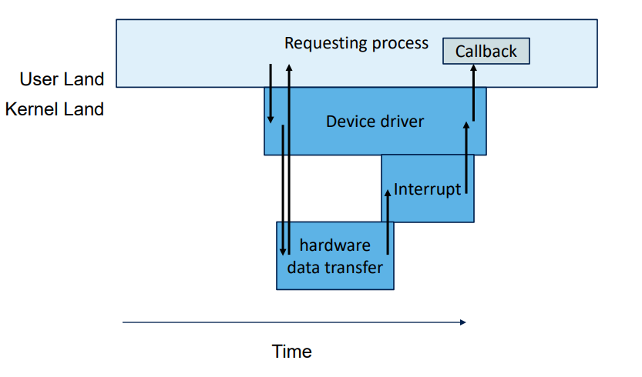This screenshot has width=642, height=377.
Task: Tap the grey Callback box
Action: (486, 52)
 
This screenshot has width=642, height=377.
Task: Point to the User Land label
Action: (62, 79)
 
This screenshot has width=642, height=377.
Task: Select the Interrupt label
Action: (427, 189)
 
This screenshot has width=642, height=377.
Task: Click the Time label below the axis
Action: (292, 352)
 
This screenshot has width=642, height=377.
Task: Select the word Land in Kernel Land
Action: (83, 109)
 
